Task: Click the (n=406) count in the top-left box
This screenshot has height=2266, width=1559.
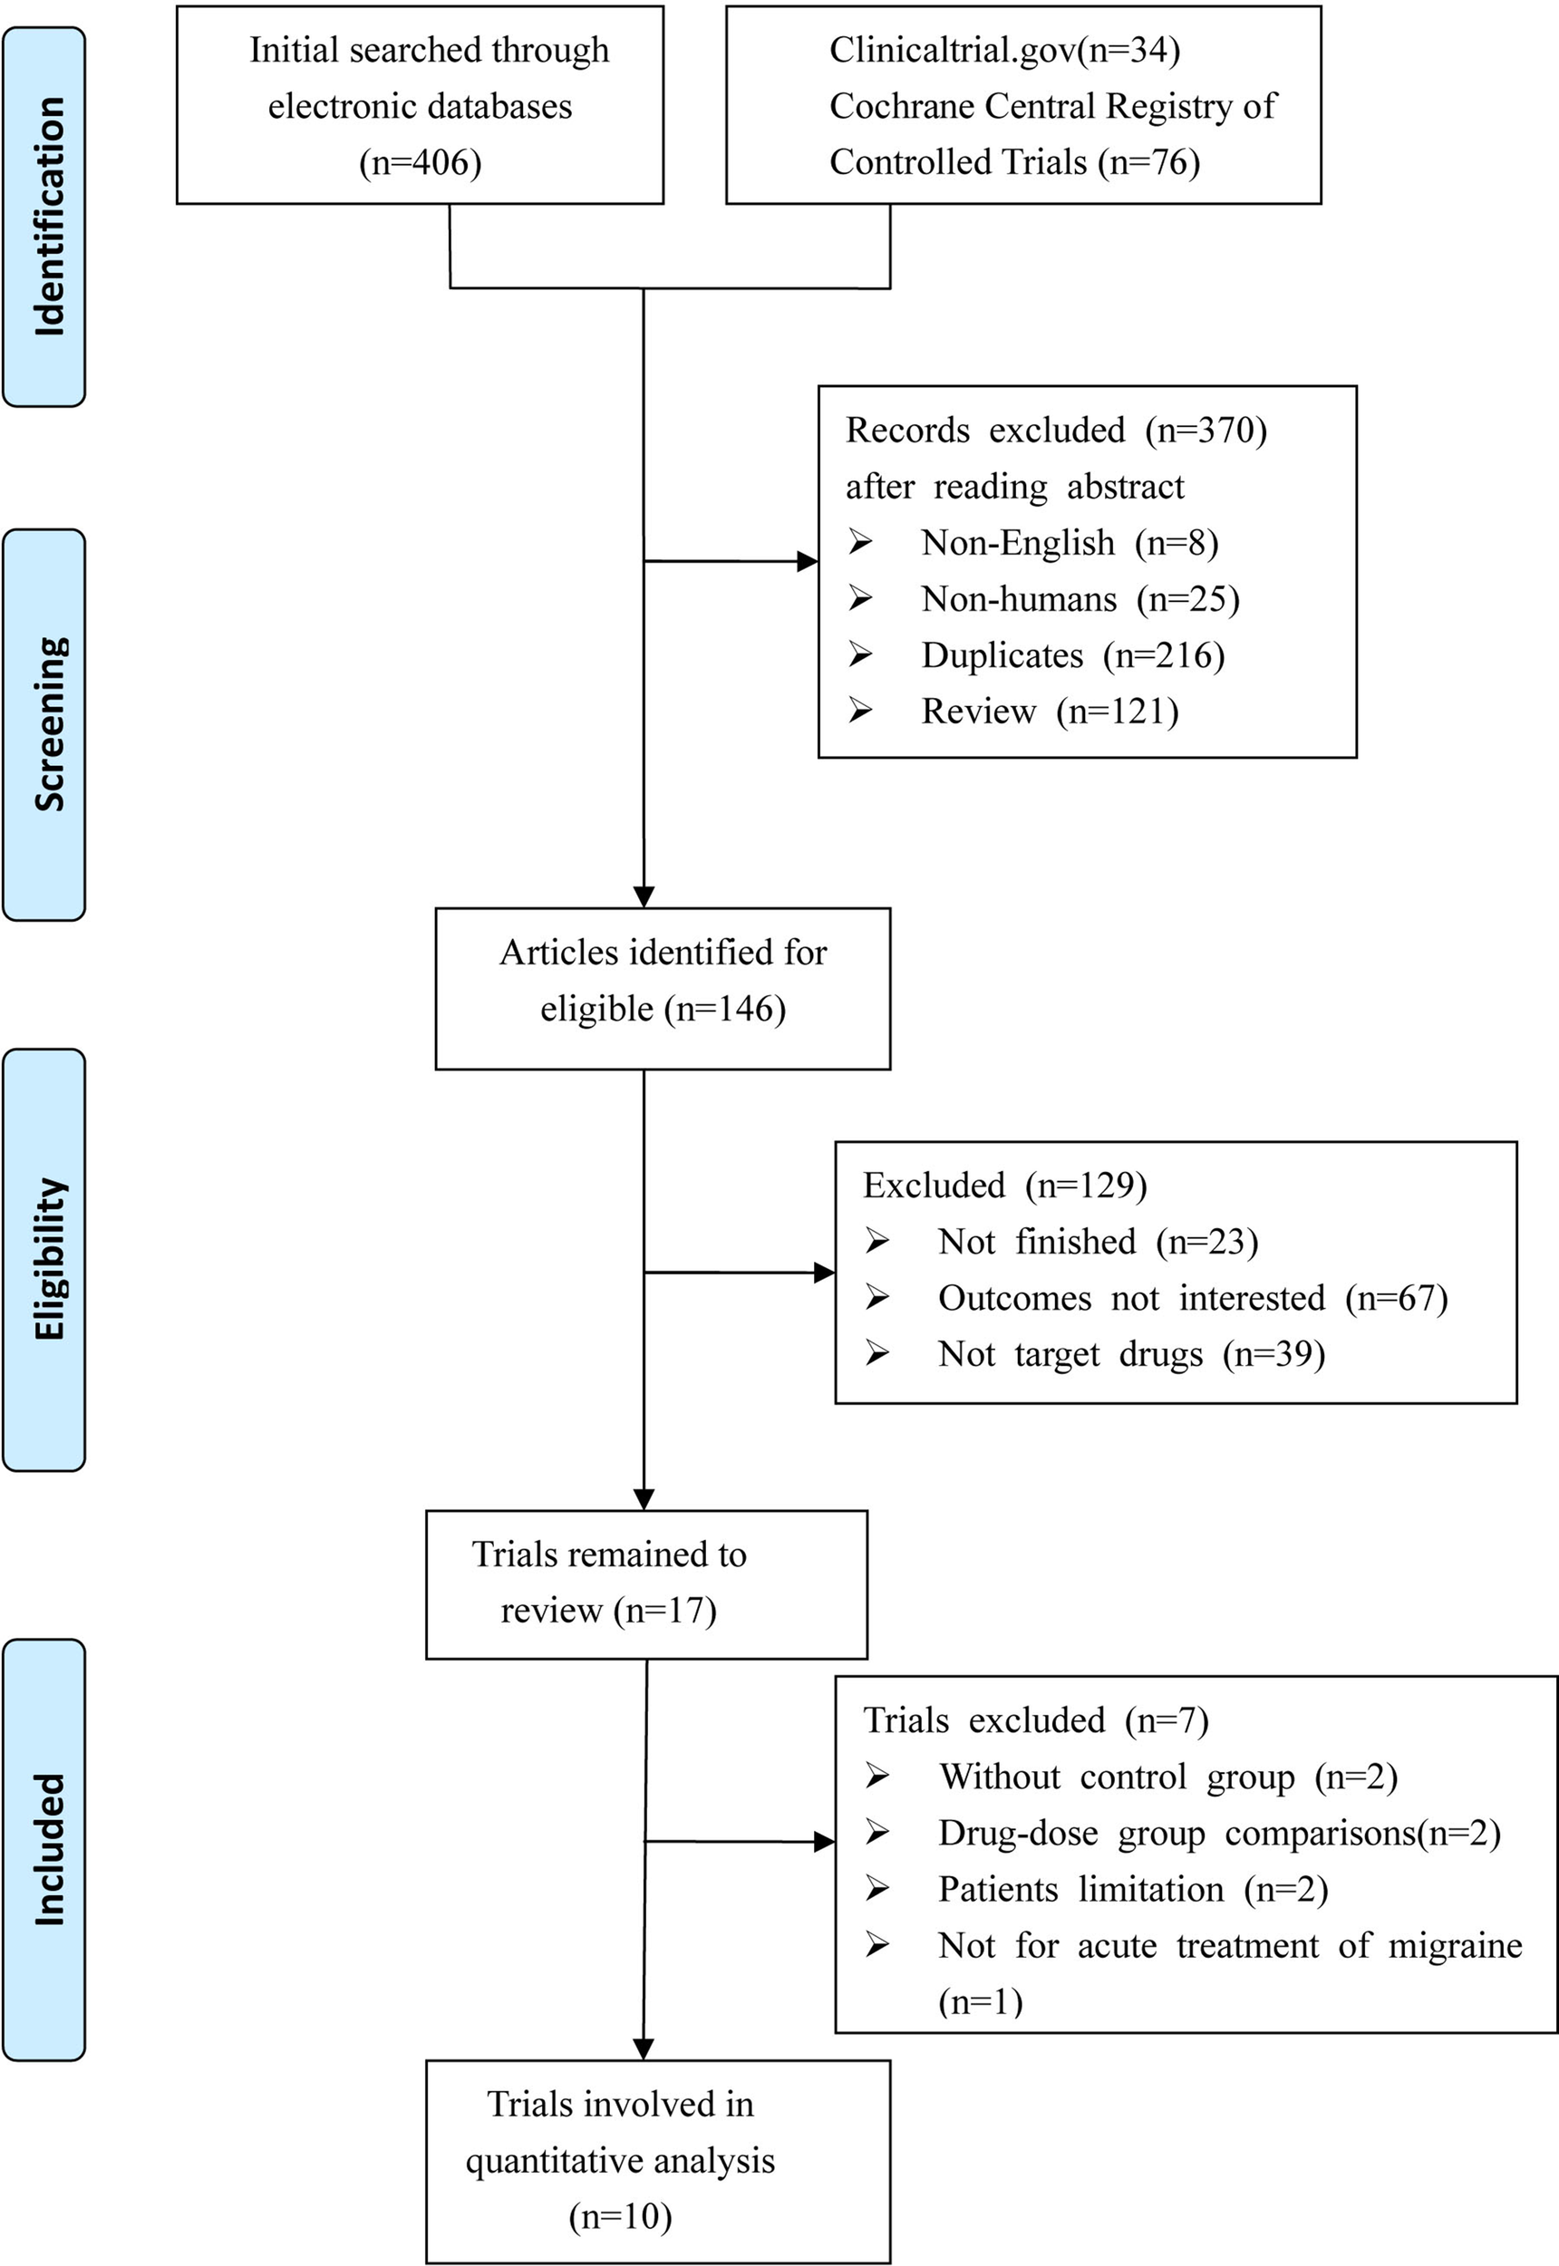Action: pos(420,162)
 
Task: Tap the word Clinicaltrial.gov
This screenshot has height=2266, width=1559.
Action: pos(952,50)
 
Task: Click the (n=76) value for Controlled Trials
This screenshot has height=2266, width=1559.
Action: pos(1148,162)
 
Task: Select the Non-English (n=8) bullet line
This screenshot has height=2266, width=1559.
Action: pos(1069,543)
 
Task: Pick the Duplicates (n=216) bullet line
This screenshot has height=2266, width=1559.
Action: pos(1072,655)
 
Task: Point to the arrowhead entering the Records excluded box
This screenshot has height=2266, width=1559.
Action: pos(808,562)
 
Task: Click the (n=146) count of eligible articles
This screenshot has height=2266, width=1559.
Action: pos(725,1009)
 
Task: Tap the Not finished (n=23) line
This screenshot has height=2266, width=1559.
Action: pos(1097,1243)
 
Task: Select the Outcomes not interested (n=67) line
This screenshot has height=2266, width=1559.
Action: pos(1192,1299)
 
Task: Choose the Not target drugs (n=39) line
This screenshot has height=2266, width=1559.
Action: pos(1130,1355)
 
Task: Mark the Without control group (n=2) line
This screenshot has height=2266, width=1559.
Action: pos(1167,1777)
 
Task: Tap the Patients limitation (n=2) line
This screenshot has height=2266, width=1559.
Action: pos(1132,1890)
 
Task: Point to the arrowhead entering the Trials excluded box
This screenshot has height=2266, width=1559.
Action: pos(826,1842)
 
